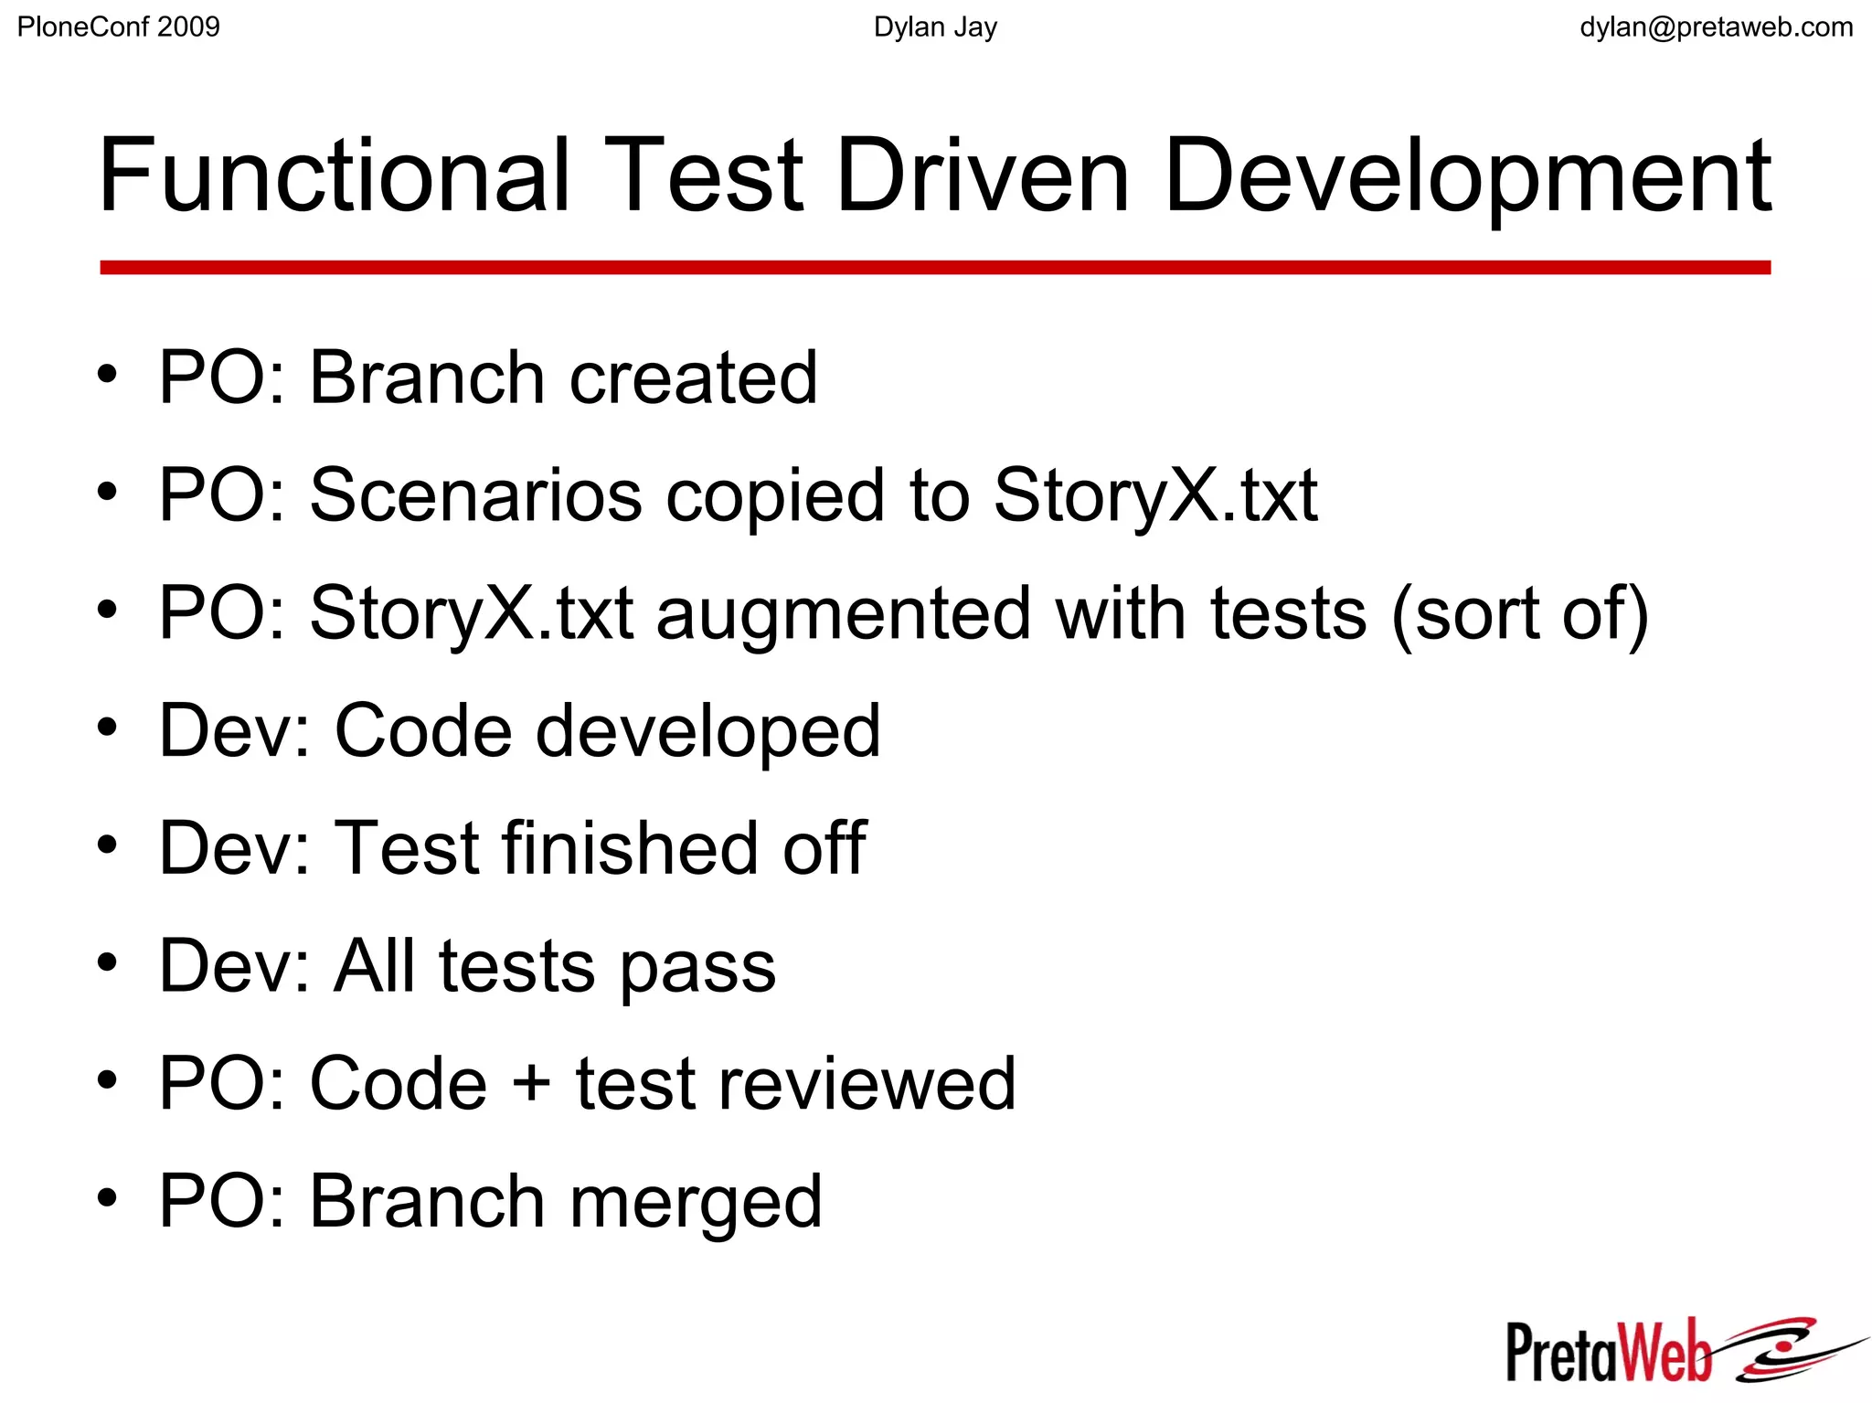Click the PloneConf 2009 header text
pos(119,27)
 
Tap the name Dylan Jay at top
pos(935,27)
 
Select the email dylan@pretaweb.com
pos(1716,27)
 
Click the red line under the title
pos(935,268)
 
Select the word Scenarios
pos(476,495)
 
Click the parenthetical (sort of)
pos(1520,614)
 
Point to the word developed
pos(707,731)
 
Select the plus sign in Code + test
pos(531,1084)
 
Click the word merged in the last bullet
pos(696,1203)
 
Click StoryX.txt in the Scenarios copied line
pos(1155,495)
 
